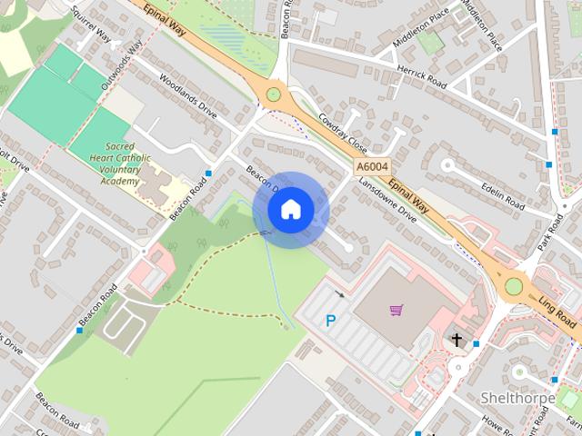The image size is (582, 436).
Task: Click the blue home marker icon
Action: coord(290,210)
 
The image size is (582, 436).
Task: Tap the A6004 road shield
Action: coord(372,167)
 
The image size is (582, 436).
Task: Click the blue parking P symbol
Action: coord(330,320)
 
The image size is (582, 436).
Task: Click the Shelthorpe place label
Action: coord(515,398)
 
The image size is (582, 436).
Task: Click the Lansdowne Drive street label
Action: coord(387,201)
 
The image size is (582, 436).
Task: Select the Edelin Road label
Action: coord(505,187)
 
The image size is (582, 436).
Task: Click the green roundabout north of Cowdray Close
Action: coord(272,94)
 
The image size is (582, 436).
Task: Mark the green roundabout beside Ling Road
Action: coord(514,286)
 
